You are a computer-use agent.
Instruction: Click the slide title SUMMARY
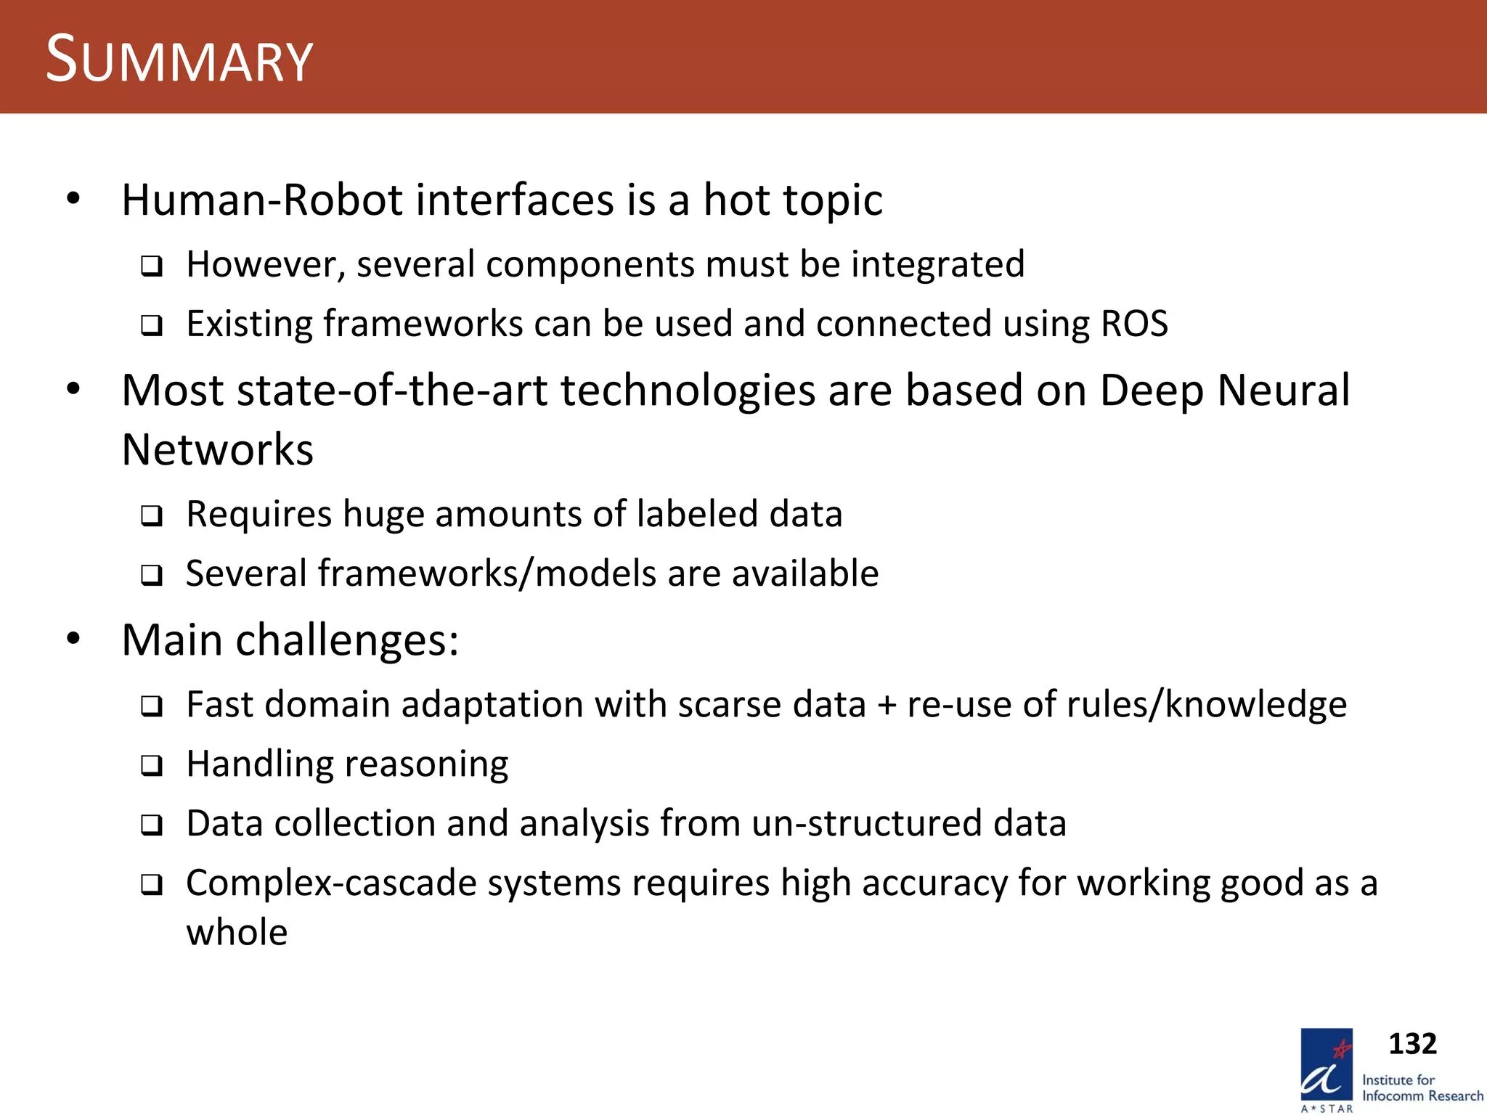click(179, 60)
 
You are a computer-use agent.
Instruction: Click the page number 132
click(1411, 1044)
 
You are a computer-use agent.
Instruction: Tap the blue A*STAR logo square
click(1326, 1066)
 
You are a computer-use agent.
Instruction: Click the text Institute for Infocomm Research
click(1421, 1088)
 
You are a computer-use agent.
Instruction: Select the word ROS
click(1134, 324)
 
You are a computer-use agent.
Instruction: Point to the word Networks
click(217, 449)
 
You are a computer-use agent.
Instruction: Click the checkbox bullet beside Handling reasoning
click(151, 766)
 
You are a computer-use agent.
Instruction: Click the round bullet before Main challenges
click(73, 640)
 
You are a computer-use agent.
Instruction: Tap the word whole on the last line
click(237, 932)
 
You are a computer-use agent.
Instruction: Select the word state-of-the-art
click(391, 391)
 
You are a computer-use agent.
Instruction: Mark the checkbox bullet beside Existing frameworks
click(151, 325)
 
